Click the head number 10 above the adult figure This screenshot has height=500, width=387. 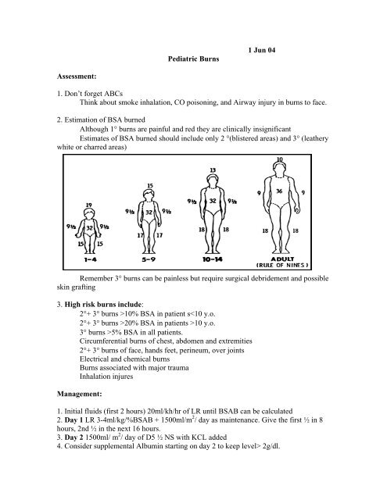tap(279, 160)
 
